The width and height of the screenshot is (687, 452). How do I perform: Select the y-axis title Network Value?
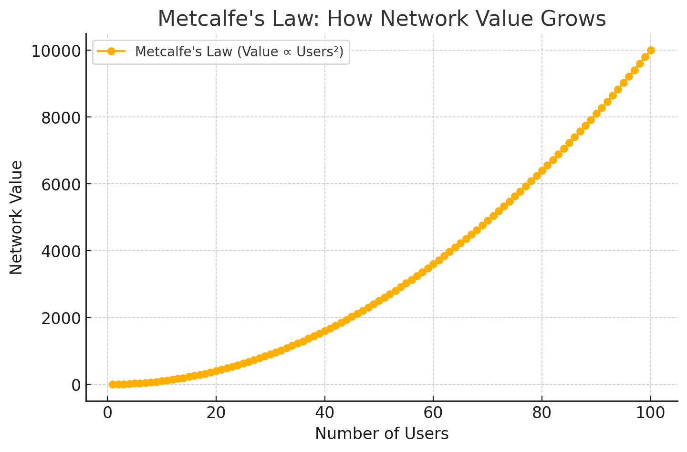click(x=16, y=217)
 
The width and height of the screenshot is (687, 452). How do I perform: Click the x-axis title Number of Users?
click(x=382, y=433)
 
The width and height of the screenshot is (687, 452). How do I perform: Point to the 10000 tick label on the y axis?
click(x=56, y=51)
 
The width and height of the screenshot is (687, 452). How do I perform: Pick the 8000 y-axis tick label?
click(x=61, y=117)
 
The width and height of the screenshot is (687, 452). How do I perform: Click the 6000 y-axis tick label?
click(x=61, y=184)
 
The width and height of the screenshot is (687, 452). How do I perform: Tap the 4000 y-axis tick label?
click(x=61, y=251)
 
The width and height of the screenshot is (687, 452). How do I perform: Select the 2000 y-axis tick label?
click(x=61, y=318)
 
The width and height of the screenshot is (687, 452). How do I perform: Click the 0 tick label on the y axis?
click(x=76, y=385)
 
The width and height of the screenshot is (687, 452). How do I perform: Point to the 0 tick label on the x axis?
click(x=107, y=413)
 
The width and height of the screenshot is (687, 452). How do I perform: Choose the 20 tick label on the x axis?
click(x=216, y=413)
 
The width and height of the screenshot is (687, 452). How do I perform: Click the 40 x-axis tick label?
click(x=324, y=413)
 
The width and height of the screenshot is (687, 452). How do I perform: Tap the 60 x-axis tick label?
click(x=433, y=413)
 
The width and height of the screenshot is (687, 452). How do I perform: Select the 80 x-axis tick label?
click(x=542, y=413)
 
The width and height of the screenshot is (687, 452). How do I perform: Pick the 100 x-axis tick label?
click(x=650, y=413)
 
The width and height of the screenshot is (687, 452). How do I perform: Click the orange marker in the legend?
click(x=111, y=52)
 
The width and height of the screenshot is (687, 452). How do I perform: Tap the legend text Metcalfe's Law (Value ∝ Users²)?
click(x=239, y=52)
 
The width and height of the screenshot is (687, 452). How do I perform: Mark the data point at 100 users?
click(x=651, y=50)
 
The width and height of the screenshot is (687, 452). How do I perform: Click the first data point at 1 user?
click(x=113, y=384)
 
